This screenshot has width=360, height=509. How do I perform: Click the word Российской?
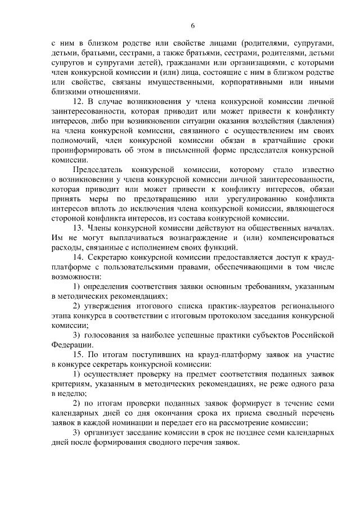(309, 335)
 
